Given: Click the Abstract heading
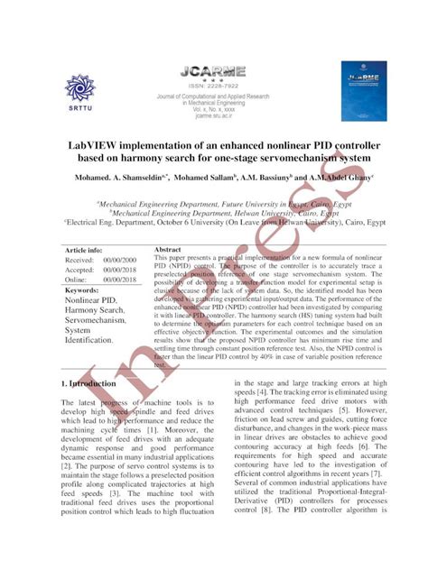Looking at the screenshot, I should tap(169, 249).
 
